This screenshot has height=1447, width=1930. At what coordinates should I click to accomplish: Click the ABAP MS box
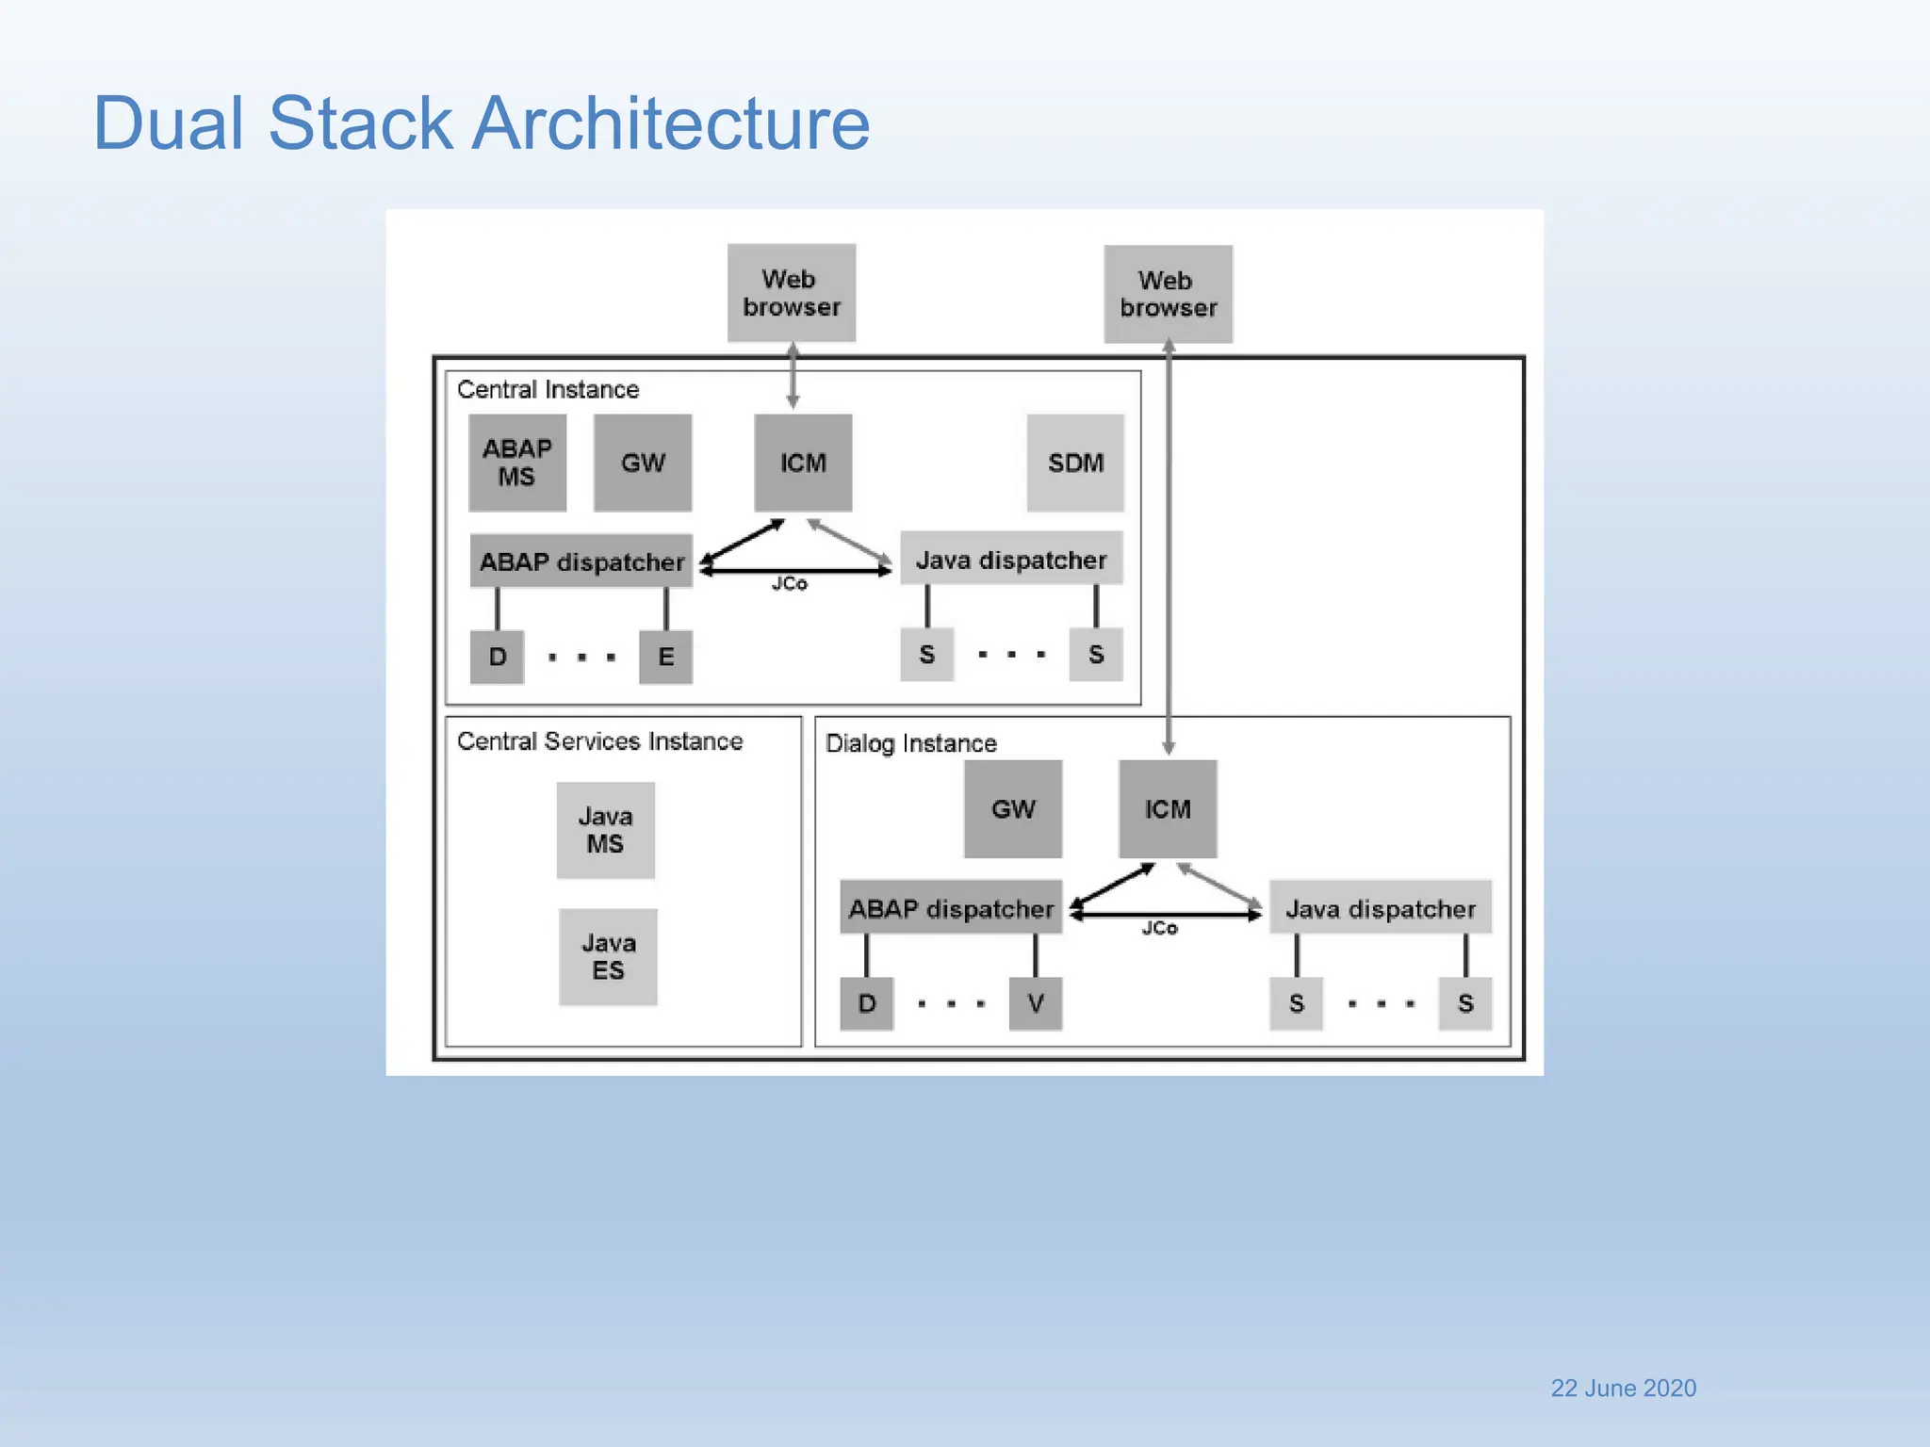click(517, 463)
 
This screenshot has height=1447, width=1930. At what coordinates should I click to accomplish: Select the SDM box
click(1075, 463)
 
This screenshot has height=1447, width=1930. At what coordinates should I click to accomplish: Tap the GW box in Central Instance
click(643, 463)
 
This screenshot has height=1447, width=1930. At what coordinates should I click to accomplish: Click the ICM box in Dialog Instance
click(1168, 809)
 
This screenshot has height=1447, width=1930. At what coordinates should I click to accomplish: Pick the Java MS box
click(605, 830)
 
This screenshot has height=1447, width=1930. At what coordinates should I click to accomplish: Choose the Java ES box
click(608, 956)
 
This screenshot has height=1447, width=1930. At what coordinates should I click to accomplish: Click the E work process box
click(665, 657)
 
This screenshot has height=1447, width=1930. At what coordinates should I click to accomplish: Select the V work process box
click(1035, 1003)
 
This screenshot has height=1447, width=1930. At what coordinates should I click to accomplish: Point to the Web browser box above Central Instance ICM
click(791, 293)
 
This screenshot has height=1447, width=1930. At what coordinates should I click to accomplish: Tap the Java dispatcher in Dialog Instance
click(1380, 908)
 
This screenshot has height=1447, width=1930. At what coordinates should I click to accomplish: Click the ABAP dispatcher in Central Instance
click(581, 561)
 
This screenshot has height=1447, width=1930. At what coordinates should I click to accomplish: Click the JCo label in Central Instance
click(789, 584)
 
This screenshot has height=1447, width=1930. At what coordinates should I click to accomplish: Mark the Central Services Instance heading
click(599, 741)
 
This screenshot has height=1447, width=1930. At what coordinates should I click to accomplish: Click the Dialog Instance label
click(910, 743)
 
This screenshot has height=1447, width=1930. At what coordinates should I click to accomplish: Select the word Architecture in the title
click(670, 123)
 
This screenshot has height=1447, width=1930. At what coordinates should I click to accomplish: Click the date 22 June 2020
click(1623, 1388)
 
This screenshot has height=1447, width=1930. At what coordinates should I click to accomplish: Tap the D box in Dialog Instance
click(867, 1003)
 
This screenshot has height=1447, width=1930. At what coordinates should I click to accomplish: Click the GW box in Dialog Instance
click(1013, 809)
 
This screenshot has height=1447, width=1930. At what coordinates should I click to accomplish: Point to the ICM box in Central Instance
click(803, 463)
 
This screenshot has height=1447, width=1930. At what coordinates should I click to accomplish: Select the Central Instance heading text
click(548, 389)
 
